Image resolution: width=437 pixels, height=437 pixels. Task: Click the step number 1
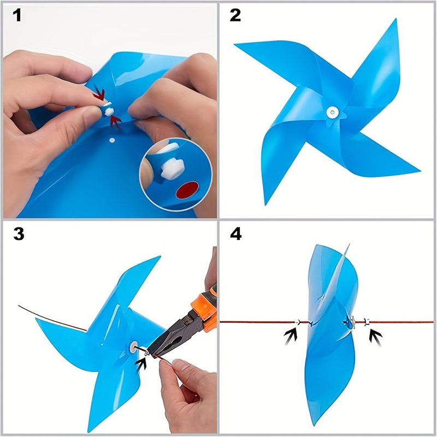[x=17, y=15]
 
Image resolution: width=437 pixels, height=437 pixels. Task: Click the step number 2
[x=235, y=15]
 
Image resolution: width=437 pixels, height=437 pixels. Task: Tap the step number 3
[x=19, y=234]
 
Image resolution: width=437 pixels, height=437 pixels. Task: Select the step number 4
[x=236, y=234]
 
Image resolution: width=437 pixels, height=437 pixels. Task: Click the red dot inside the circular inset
[x=187, y=190]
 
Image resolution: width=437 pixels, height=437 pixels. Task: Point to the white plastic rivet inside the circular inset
[x=172, y=166]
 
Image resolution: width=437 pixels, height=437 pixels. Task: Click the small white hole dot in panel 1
[x=112, y=140]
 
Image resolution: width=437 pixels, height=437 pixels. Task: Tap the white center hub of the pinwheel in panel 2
[x=333, y=113]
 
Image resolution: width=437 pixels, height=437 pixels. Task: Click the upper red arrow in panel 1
[x=99, y=94]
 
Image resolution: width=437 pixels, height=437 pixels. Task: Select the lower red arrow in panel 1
[x=116, y=122]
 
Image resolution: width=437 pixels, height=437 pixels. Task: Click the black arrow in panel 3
[x=141, y=363]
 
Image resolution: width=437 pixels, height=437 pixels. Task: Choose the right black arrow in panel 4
[x=375, y=336]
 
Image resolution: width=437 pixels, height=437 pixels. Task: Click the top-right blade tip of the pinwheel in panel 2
[x=395, y=20]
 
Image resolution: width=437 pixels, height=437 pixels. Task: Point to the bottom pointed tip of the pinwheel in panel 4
[x=315, y=425]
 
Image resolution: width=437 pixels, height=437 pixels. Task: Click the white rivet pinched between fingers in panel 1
[x=109, y=110]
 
